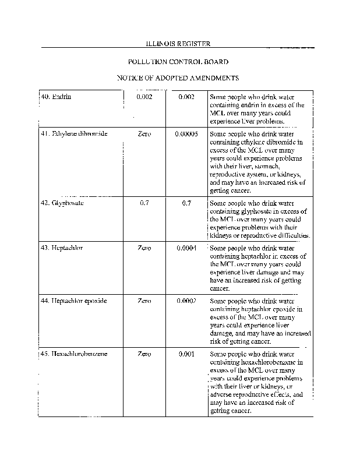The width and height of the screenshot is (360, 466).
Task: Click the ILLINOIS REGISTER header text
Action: point(178,44)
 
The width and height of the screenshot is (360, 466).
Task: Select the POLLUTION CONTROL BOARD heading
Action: point(178,61)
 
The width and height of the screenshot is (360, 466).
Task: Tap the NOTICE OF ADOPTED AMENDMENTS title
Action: point(178,77)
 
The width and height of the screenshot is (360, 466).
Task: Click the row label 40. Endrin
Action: point(57,97)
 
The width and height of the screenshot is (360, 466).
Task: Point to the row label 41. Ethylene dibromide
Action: point(73,134)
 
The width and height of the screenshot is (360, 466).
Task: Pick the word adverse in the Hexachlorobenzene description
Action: point(223,394)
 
